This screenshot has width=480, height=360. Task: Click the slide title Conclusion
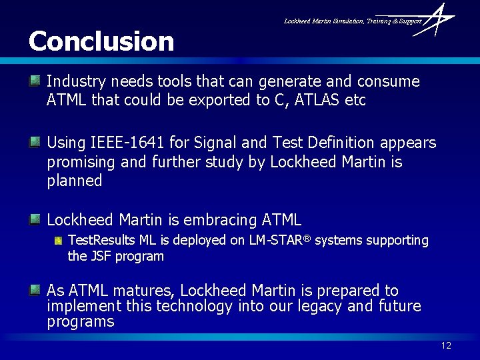pyautogui.click(x=101, y=41)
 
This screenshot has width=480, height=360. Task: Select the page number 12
pyautogui.click(x=446, y=345)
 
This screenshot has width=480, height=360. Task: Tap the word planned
pyautogui.click(x=74, y=181)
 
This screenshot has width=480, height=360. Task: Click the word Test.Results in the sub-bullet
pyautogui.click(x=101, y=240)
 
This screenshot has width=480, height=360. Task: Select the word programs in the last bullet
pyautogui.click(x=81, y=321)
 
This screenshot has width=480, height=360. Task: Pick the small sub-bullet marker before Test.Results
pyautogui.click(x=59, y=239)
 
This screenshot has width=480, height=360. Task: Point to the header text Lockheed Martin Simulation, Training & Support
pyautogui.click(x=353, y=21)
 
